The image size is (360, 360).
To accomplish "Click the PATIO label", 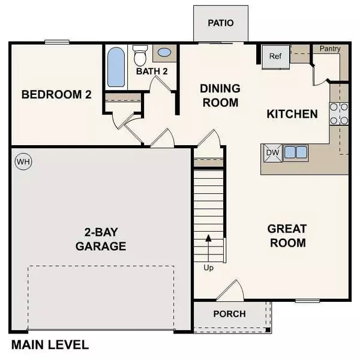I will tap(220, 23).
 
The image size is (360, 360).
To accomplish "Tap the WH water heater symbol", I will tap(22, 161).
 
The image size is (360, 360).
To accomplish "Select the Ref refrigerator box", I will tap(275, 57).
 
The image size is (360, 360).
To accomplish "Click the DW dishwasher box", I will tap(272, 152).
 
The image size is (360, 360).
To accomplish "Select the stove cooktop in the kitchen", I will tap(338, 113).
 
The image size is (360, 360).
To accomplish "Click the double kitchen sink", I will tap(296, 152).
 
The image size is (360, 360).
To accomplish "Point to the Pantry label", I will tap(330, 49).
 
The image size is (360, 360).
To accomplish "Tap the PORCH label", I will tap(229, 314).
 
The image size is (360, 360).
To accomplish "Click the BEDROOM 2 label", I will tap(56, 94).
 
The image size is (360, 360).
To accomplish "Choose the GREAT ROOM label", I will tap(287, 236).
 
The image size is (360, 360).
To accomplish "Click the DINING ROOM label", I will tap(220, 95).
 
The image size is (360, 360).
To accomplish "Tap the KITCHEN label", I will tap(292, 113).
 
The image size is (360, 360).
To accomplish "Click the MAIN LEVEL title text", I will tap(50, 345).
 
